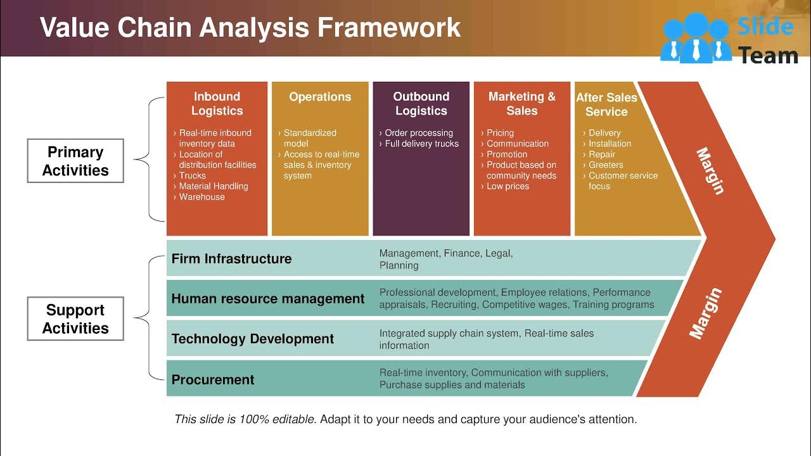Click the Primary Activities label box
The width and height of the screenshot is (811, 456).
click(x=75, y=161)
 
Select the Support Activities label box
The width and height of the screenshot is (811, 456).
click(x=75, y=319)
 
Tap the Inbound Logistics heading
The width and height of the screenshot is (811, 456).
click(x=217, y=104)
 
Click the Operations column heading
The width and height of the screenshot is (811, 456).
click(x=320, y=97)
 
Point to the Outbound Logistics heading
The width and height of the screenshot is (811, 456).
click(x=421, y=104)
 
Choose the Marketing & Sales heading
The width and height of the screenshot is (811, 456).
click(x=522, y=104)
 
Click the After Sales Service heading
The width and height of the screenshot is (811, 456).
click(x=606, y=104)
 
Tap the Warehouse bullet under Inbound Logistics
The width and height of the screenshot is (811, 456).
click(x=201, y=197)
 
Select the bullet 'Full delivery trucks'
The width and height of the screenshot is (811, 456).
click(x=421, y=144)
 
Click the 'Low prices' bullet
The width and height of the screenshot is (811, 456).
click(x=508, y=186)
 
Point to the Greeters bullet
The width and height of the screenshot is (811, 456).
click(x=606, y=165)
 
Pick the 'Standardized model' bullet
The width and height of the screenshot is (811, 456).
click(x=309, y=138)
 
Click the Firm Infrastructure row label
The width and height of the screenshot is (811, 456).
click(x=231, y=258)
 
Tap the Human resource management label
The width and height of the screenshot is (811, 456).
click(x=267, y=299)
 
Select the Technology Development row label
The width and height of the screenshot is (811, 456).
click(x=252, y=339)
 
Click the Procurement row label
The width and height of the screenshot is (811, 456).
click(x=212, y=379)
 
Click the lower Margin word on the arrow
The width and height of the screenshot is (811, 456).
click(x=705, y=313)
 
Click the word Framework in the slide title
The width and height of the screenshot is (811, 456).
click(x=389, y=28)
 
